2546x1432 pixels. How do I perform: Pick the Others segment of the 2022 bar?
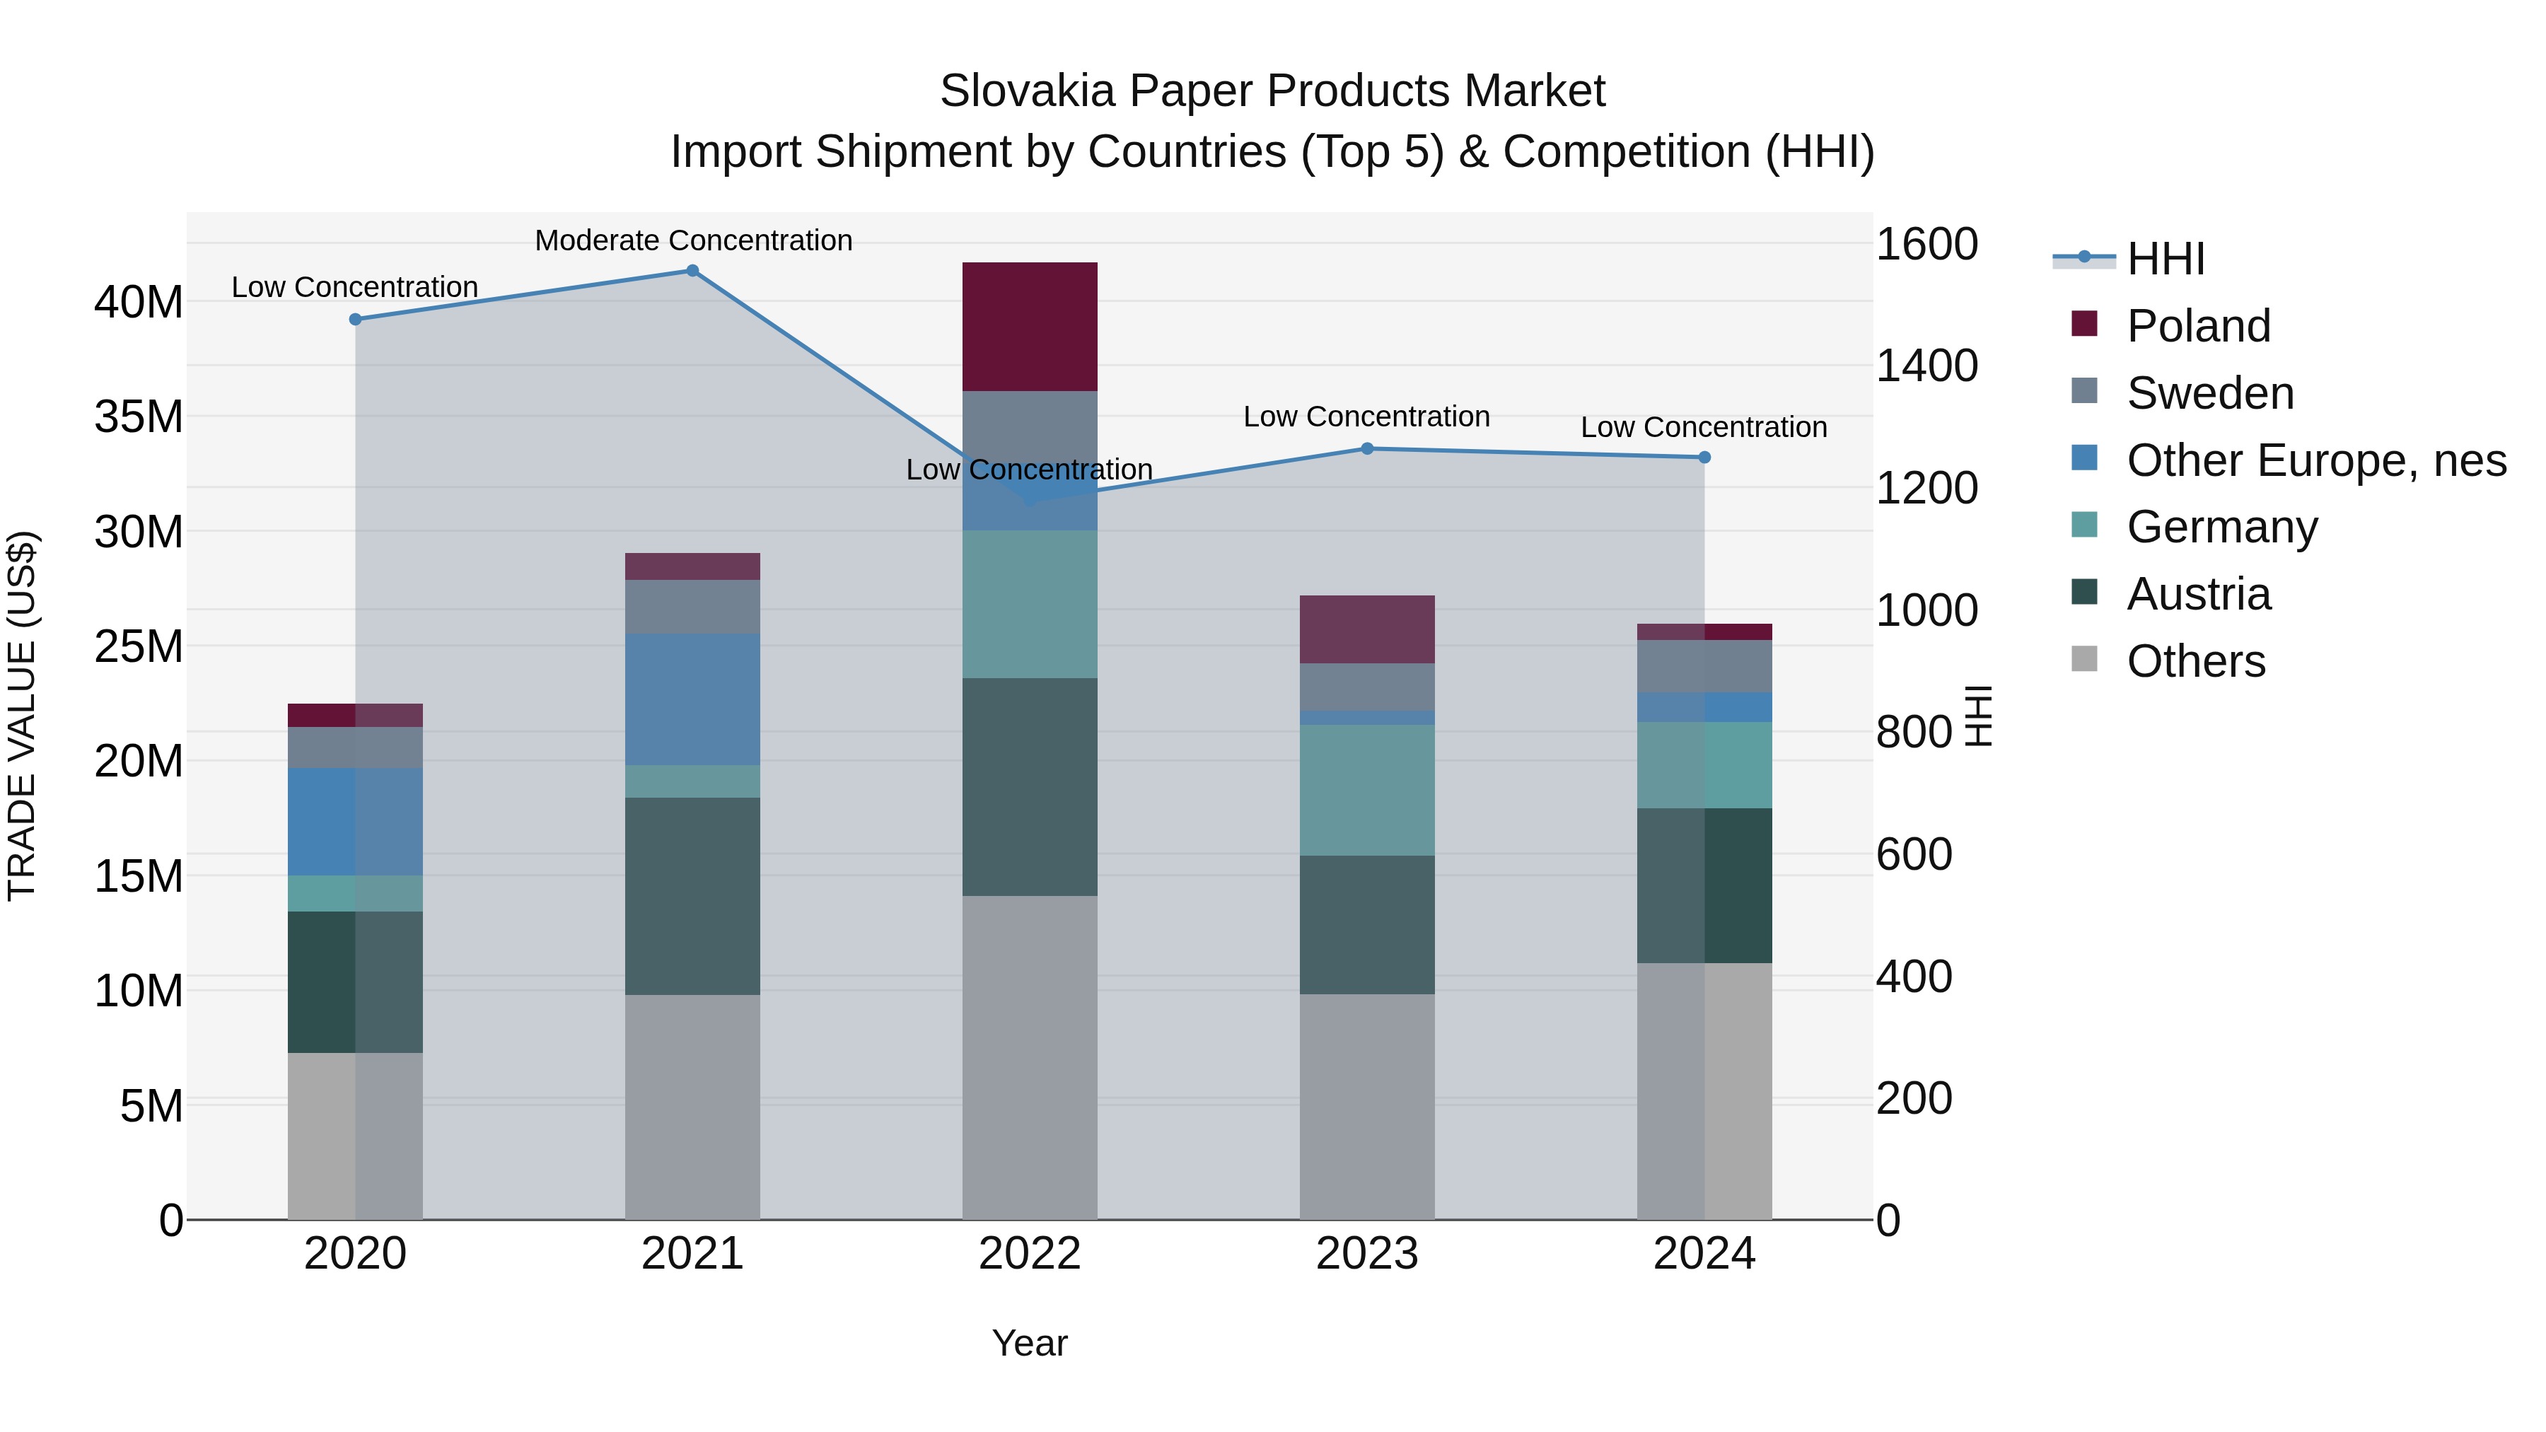point(1029,1056)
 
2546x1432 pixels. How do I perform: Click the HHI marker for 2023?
point(1367,448)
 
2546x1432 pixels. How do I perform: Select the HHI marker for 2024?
point(1704,458)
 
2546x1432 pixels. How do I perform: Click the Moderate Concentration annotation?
point(693,240)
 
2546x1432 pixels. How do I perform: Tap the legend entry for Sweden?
point(2209,393)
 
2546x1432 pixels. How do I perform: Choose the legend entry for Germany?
point(2221,527)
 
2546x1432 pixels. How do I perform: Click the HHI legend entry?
point(2165,259)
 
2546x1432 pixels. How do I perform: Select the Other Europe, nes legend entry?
point(2315,460)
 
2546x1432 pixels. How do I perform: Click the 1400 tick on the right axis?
point(1926,366)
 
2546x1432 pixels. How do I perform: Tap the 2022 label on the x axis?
point(1029,1254)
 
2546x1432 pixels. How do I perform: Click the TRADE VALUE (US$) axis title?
point(22,716)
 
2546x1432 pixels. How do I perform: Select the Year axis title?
point(1029,1343)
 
